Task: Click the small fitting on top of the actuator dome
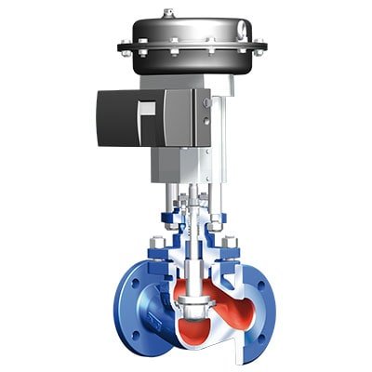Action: pos(167,13)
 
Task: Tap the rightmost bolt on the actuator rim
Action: pos(262,44)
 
